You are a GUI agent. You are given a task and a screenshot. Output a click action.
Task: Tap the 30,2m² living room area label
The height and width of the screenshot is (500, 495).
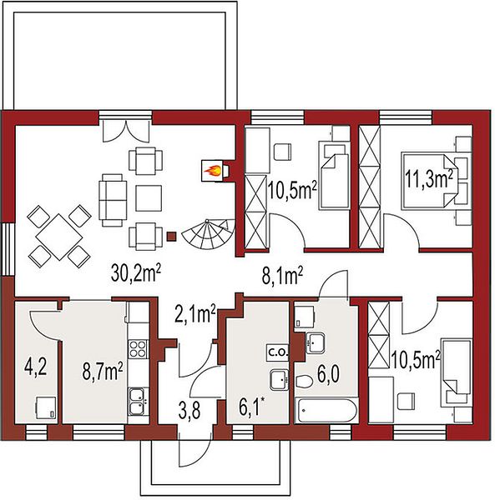tap(136, 273)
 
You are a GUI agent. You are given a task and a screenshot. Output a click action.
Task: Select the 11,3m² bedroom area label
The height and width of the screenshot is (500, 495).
tap(429, 179)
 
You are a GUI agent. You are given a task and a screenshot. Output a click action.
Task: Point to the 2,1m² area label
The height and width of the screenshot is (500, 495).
tap(195, 313)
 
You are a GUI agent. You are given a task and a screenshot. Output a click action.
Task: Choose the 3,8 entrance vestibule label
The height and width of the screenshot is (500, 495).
tap(189, 410)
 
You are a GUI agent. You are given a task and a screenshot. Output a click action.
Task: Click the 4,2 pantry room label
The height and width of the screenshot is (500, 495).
tap(36, 367)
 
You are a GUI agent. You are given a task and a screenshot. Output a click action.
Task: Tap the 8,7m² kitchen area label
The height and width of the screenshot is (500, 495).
tap(103, 372)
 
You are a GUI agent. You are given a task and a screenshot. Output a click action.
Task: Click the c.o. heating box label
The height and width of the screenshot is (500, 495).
tap(278, 352)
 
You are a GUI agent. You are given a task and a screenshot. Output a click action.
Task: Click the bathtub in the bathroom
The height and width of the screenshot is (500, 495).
tap(326, 411)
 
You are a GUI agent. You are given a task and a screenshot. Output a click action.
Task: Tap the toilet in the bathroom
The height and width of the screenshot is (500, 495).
tap(304, 382)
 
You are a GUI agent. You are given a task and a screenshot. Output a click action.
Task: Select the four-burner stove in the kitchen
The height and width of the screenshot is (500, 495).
tap(139, 348)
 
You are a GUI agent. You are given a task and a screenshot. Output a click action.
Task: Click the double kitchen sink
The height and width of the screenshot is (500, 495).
tap(139, 401)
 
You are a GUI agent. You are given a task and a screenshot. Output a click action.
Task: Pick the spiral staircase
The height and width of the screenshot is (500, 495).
tap(208, 235)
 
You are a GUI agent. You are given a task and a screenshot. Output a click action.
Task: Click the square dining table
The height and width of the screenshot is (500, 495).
tap(59, 237)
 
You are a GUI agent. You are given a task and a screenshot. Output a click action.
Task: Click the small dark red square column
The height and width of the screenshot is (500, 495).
tap(172, 237)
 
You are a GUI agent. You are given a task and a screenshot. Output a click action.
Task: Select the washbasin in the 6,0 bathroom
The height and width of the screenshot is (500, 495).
tap(315, 342)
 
